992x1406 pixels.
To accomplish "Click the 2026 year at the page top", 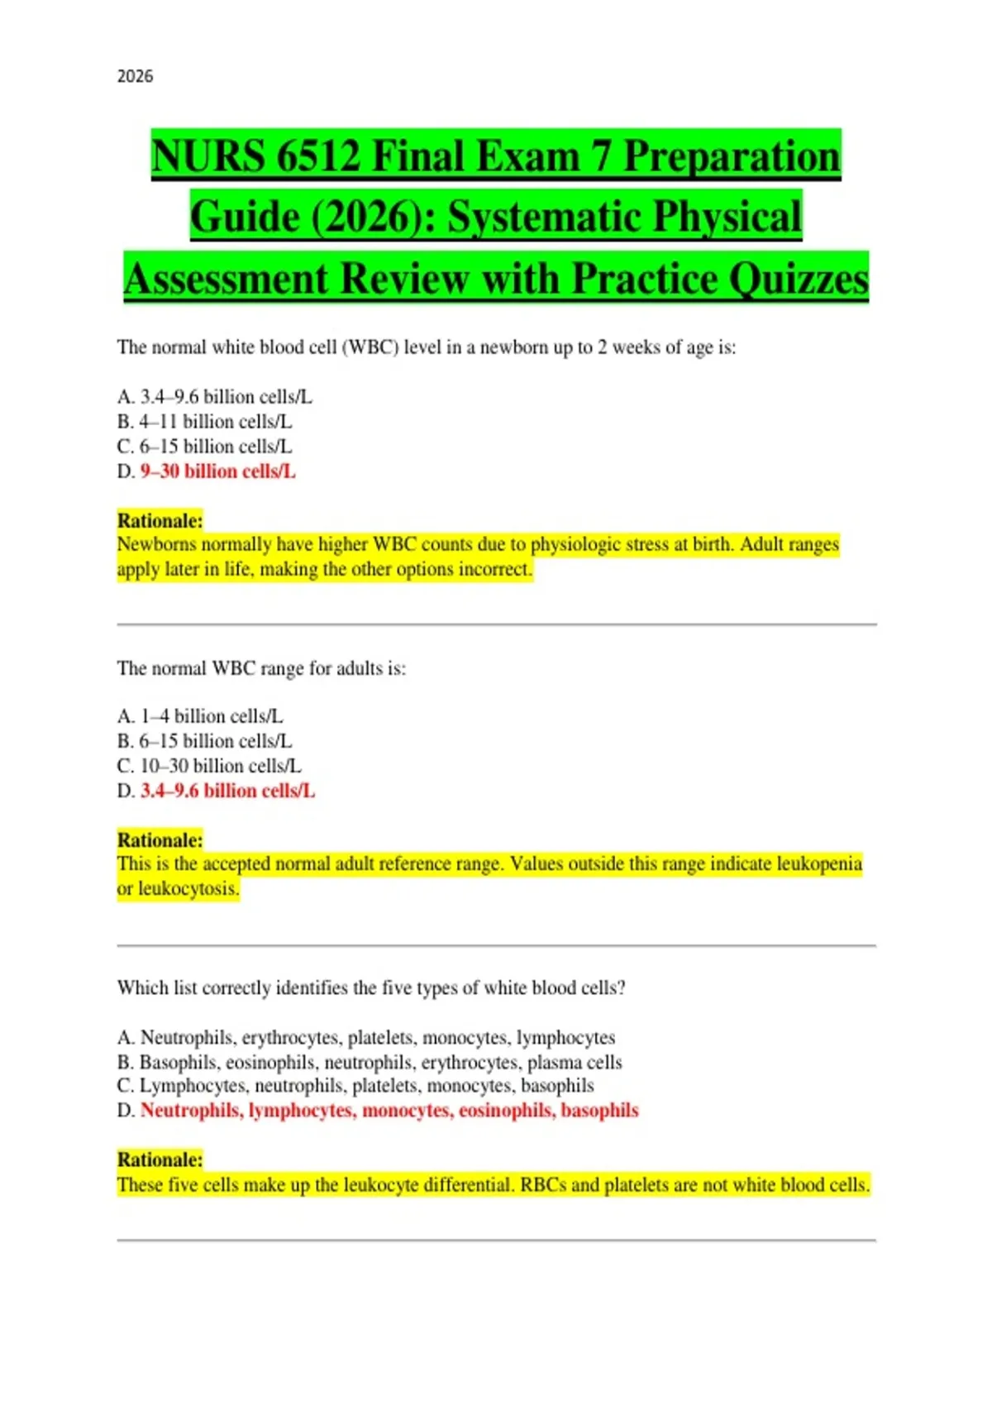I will pos(135,76).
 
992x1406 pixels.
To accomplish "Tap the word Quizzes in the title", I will pos(798,279).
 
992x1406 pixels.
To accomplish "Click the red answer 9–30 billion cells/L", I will pos(217,471).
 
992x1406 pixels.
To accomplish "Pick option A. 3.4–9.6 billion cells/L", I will pos(215,397).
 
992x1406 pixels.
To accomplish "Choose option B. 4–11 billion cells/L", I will pos(205,422).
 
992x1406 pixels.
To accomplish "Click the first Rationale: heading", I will pos(160,521).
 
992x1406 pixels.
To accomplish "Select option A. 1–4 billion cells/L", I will pos(200,716).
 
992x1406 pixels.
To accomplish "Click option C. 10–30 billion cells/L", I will pos(209,766).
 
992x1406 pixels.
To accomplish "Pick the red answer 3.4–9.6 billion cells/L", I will pos(227,791).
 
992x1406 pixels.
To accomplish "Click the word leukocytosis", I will pos(188,889).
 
